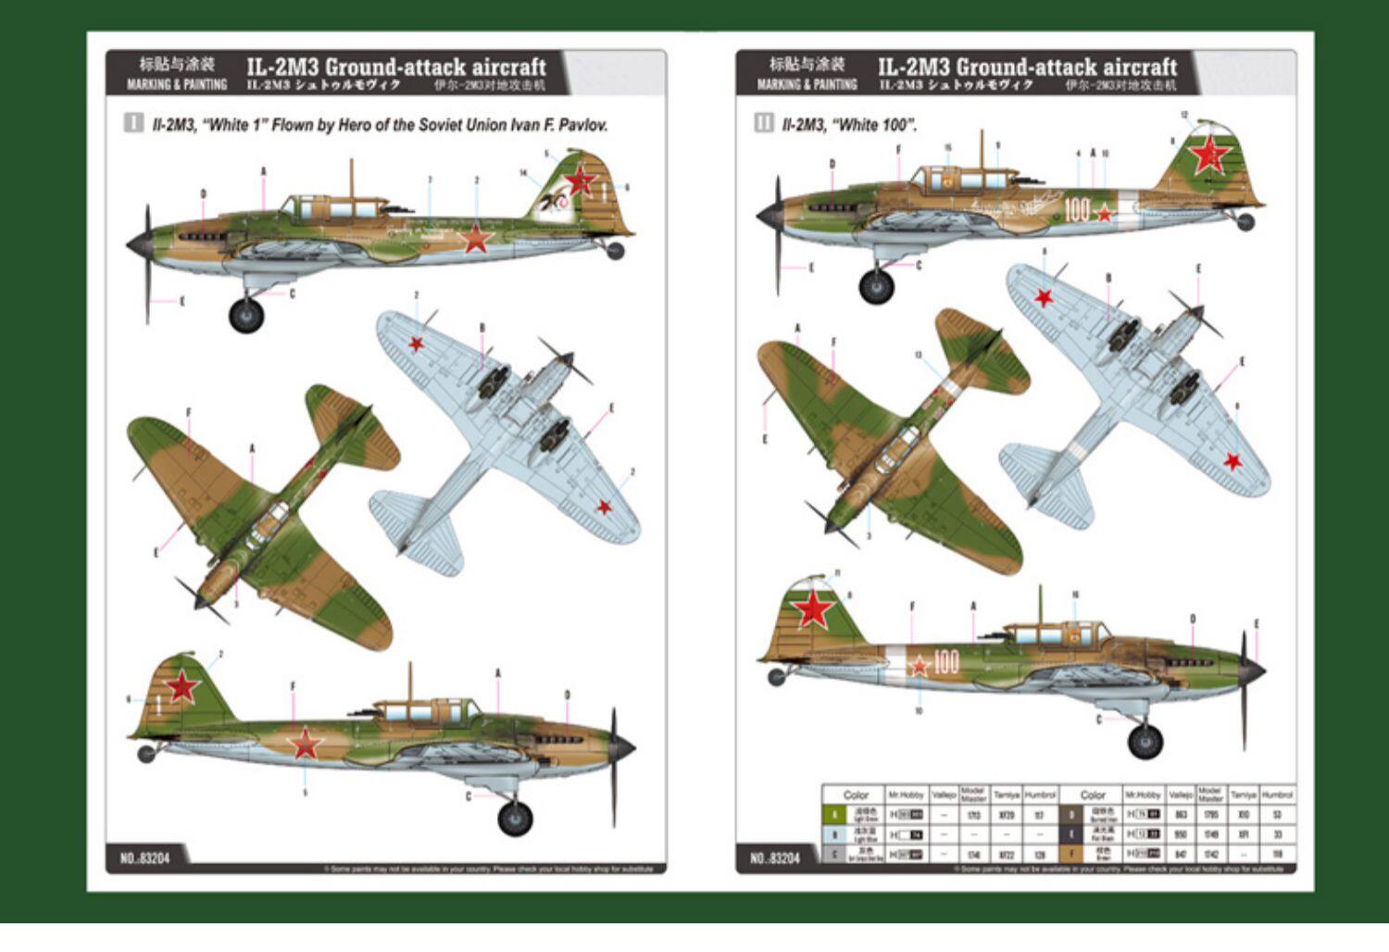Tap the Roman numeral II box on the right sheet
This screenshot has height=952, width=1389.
(x=764, y=123)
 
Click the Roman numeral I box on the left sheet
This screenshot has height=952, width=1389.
(x=134, y=123)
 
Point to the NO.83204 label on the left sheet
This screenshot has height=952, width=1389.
(x=144, y=858)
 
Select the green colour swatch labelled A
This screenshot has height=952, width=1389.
(x=834, y=815)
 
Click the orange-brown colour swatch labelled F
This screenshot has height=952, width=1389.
(x=1071, y=854)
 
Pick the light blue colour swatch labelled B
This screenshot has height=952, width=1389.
(x=834, y=834)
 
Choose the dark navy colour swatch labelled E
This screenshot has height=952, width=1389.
(x=1071, y=834)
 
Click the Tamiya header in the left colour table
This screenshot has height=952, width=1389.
(x=1006, y=795)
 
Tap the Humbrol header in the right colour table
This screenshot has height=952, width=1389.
(x=1277, y=795)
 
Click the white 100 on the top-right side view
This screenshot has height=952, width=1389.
(x=1076, y=209)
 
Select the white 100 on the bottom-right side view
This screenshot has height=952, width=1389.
(x=945, y=661)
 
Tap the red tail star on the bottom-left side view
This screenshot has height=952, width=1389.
(x=182, y=686)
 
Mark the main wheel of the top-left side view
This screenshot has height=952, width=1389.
(x=246, y=315)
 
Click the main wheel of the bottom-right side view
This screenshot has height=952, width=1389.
(x=1145, y=741)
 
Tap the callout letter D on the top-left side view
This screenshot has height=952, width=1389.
(x=204, y=194)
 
